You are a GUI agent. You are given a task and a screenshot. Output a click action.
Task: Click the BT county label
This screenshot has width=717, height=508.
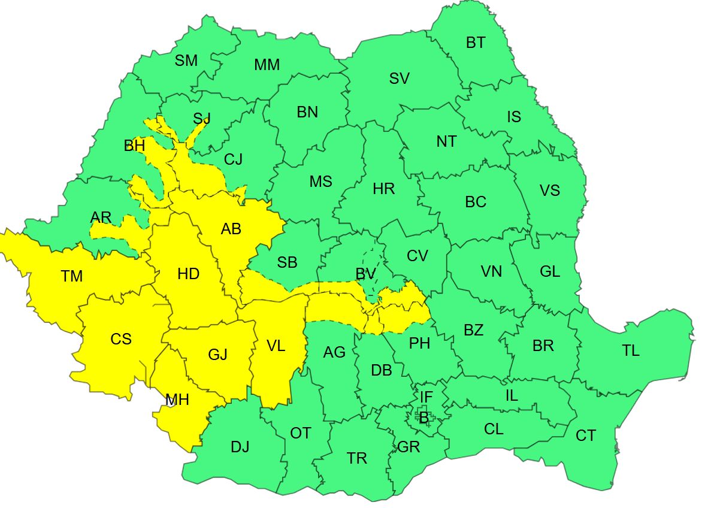click(476, 43)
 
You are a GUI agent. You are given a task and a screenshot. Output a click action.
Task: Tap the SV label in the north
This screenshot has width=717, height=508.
click(400, 78)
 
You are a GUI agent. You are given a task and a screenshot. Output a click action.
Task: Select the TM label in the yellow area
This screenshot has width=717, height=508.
click(72, 276)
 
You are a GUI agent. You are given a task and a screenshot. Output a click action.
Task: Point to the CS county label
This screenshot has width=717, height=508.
click(121, 339)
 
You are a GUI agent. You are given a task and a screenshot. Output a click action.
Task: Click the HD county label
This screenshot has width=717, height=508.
click(188, 274)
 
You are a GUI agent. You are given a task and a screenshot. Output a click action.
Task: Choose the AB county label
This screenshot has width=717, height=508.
click(231, 229)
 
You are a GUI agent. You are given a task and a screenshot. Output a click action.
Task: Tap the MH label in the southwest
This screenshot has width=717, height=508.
click(177, 400)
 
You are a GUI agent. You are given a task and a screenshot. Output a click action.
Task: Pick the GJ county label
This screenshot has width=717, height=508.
click(217, 355)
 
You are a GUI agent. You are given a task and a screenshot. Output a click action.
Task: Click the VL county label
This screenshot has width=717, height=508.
click(276, 346)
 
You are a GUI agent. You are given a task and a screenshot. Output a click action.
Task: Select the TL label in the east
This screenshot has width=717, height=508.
click(631, 351)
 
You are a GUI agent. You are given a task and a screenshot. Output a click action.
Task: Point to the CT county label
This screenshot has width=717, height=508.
click(585, 436)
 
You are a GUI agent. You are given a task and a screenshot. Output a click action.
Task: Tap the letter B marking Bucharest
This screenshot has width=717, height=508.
click(423, 418)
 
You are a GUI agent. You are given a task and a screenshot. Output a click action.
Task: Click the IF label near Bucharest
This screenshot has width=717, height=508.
click(426, 397)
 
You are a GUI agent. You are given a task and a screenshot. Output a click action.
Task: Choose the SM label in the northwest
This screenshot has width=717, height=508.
click(186, 61)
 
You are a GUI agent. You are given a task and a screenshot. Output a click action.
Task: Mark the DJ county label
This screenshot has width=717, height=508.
click(240, 447)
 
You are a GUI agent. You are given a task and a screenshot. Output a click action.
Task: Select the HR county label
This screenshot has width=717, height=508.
click(383, 189)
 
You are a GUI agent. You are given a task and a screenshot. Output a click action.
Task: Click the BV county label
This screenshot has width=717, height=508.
click(365, 274)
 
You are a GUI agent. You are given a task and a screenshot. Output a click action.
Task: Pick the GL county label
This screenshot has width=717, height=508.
click(549, 271)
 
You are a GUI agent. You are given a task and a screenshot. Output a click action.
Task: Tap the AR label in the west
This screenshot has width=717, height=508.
click(101, 217)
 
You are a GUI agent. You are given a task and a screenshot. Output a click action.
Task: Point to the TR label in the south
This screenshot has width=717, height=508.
click(357, 458)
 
